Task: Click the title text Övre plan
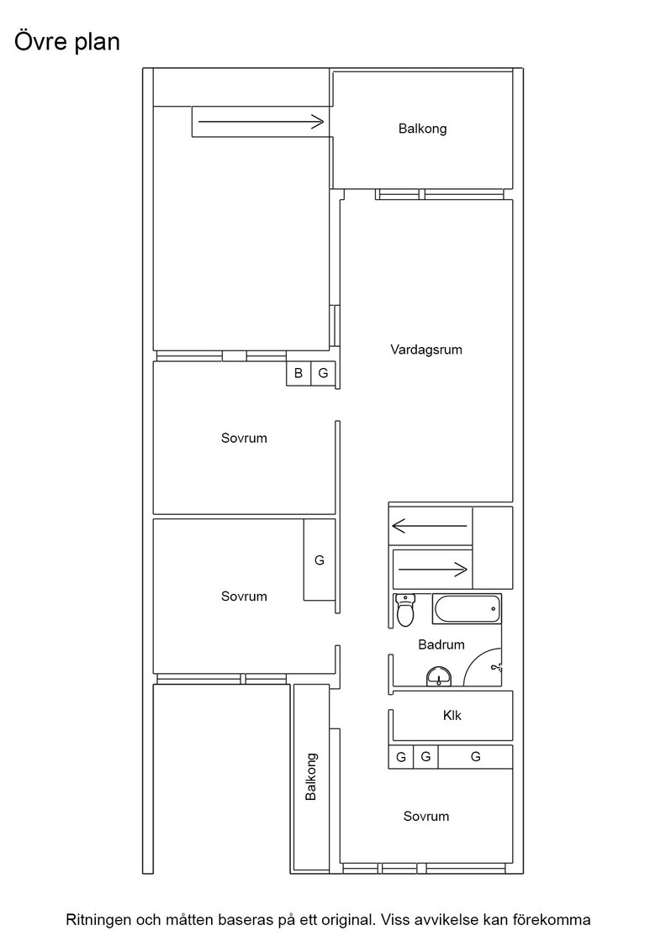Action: pyautogui.click(x=67, y=42)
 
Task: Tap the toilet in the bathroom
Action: pyautogui.click(x=405, y=610)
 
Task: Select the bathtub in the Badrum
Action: pyautogui.click(x=466, y=609)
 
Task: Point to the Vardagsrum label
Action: pyautogui.click(x=426, y=350)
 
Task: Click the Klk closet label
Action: pyautogui.click(x=452, y=715)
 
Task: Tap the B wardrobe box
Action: pyautogui.click(x=299, y=373)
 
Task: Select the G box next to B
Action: pyautogui.click(x=323, y=373)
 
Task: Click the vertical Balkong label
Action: pyautogui.click(x=310, y=776)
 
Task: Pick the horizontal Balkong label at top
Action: pyautogui.click(x=423, y=129)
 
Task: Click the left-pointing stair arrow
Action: pyautogui.click(x=430, y=526)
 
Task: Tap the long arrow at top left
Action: pyautogui.click(x=262, y=122)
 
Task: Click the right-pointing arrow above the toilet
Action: pyautogui.click(x=433, y=569)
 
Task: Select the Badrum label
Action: pyautogui.click(x=441, y=644)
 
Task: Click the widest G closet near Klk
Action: pyautogui.click(x=475, y=757)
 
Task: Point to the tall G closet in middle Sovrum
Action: pyautogui.click(x=320, y=560)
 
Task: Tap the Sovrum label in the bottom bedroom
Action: pyautogui.click(x=426, y=816)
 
